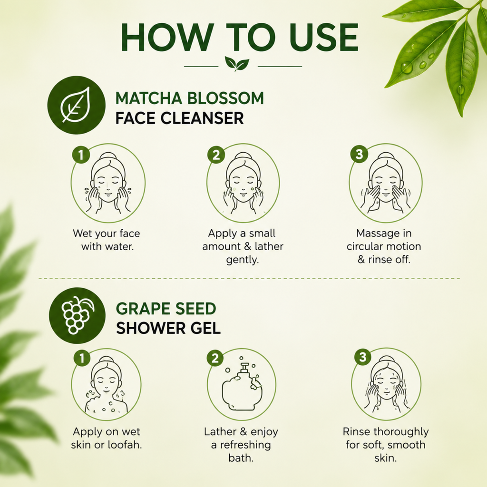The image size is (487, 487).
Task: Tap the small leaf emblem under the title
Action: [x=237, y=63]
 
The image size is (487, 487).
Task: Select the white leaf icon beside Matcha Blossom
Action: [x=76, y=105]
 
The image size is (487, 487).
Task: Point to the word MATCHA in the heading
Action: [x=149, y=98]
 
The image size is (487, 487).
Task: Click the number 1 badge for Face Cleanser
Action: [x=81, y=155]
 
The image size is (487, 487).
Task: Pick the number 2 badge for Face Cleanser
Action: [x=216, y=155]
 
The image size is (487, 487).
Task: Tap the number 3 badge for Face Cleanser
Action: [x=359, y=154]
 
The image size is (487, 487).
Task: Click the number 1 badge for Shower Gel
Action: [x=82, y=358]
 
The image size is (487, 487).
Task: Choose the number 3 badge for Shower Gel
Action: [x=363, y=357]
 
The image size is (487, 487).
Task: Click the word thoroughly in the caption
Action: [x=401, y=432]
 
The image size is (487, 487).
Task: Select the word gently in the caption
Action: [x=242, y=260]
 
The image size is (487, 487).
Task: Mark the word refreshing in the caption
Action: [x=245, y=445]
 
